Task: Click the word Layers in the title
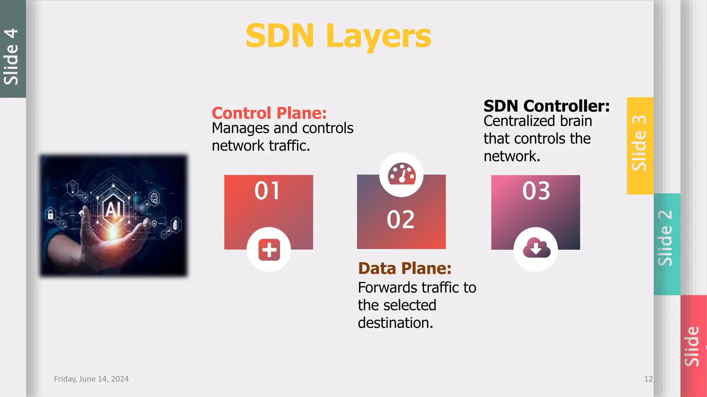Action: click(378, 36)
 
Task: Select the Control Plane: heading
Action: click(269, 113)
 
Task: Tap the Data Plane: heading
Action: click(405, 268)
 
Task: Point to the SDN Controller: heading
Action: click(546, 106)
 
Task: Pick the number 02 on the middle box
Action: click(400, 220)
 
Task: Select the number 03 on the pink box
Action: click(536, 191)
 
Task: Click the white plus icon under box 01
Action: click(269, 250)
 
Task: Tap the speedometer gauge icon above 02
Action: click(401, 174)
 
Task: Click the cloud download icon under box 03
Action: click(536, 248)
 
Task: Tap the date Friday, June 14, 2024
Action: click(91, 379)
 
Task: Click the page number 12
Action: click(648, 379)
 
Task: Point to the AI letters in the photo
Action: click(114, 209)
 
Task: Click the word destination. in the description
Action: click(395, 323)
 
